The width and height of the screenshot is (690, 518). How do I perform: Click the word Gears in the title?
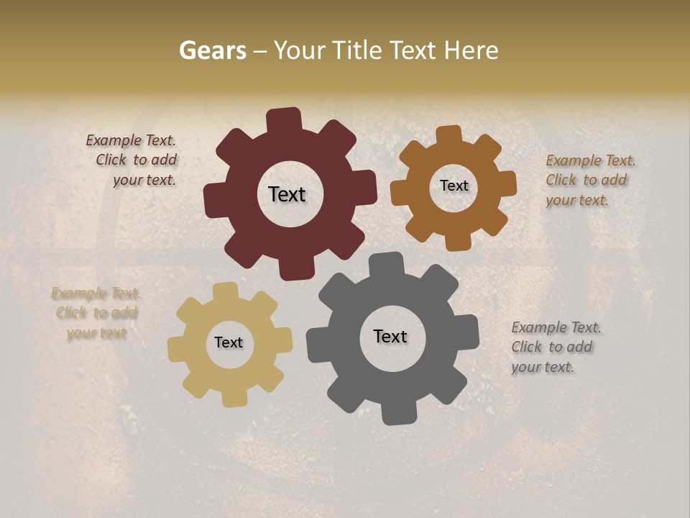point(212,50)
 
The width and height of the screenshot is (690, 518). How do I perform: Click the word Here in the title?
point(471,50)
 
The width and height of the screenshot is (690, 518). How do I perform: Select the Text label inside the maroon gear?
point(287,194)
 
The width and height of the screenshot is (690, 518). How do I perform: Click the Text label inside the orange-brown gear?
point(454,186)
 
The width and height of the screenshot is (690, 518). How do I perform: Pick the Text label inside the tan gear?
point(229,342)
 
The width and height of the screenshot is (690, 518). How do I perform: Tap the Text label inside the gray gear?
point(390,336)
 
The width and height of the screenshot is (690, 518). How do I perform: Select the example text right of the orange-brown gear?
point(589,180)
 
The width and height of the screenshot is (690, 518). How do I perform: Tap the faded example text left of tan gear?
point(96,313)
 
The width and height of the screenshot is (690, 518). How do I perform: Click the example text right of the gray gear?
point(555,347)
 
